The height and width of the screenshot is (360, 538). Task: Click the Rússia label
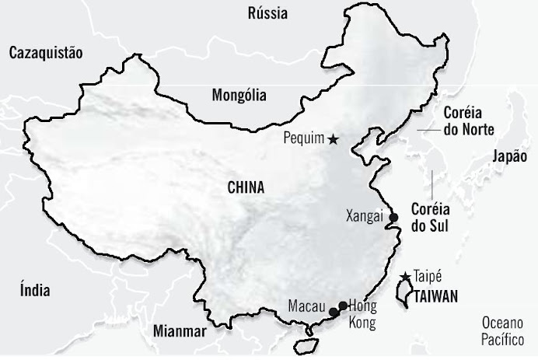[x=267, y=13]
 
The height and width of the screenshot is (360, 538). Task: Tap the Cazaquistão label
[x=46, y=53]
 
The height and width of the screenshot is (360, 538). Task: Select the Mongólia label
[x=239, y=96]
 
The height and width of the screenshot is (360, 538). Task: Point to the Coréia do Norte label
[x=468, y=121]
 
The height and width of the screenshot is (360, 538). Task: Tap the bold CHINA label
[x=246, y=187]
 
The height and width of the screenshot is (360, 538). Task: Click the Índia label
[x=34, y=291]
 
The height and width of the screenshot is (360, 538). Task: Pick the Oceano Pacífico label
[x=503, y=330]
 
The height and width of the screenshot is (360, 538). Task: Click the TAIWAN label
[x=436, y=296]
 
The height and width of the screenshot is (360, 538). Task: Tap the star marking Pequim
[x=334, y=139]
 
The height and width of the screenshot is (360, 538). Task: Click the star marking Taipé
[x=405, y=277]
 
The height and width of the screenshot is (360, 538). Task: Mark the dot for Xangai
[x=393, y=217]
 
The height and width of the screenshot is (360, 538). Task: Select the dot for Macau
[x=334, y=313]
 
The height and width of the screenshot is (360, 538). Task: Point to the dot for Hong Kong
[x=342, y=306]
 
